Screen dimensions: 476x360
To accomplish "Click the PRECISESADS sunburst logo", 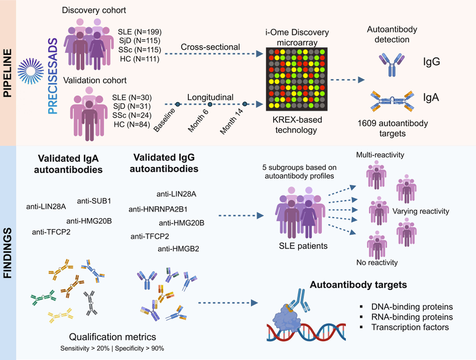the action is [x=31, y=71].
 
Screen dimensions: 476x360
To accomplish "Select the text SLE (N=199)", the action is [x=140, y=31].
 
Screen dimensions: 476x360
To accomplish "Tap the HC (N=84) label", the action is [x=132, y=124].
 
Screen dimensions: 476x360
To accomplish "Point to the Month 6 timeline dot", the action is [x=210, y=104].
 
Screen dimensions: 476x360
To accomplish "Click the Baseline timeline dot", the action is [x=178, y=104].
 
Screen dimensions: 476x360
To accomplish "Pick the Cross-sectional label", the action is [x=210, y=47].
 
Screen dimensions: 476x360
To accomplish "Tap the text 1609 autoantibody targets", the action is [x=392, y=128].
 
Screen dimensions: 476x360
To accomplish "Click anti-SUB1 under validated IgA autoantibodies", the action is [x=94, y=201].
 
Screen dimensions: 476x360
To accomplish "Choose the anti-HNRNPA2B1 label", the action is [x=158, y=209].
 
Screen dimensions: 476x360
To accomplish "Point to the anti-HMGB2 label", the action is [x=178, y=249].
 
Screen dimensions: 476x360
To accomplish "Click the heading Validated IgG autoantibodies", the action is [x=164, y=163].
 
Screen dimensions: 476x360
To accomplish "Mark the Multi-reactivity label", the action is [x=380, y=155].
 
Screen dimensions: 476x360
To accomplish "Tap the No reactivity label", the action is [x=377, y=263].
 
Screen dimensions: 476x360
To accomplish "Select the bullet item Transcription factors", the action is [x=410, y=327].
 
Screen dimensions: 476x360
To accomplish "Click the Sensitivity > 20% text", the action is [x=85, y=348].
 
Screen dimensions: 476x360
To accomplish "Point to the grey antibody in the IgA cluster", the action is [x=90, y=303].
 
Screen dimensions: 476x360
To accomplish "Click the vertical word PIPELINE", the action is [x=7, y=73].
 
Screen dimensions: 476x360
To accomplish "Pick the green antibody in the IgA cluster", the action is [x=43, y=297].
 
